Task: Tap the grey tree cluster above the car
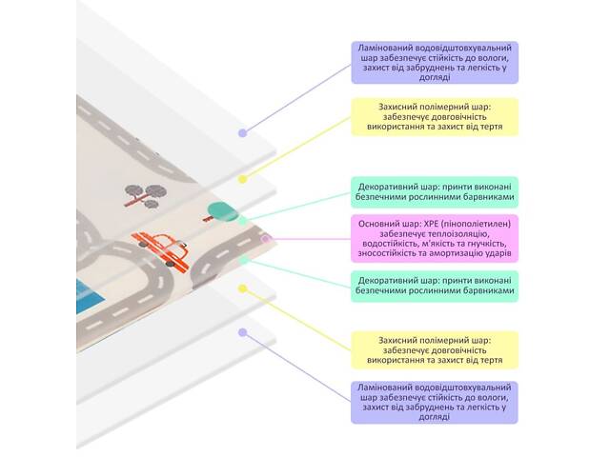tap(143, 192)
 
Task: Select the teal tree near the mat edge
tap(219, 211)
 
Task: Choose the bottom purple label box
tap(434, 402)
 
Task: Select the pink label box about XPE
tap(434, 238)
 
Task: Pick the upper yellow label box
tap(434, 116)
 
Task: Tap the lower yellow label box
tap(434, 349)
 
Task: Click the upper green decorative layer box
tap(434, 190)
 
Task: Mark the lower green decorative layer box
tap(434, 287)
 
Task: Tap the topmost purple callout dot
tap(243, 132)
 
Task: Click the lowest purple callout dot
tap(243, 332)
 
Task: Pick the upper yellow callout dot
tap(243, 178)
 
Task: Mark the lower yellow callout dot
tap(243, 286)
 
